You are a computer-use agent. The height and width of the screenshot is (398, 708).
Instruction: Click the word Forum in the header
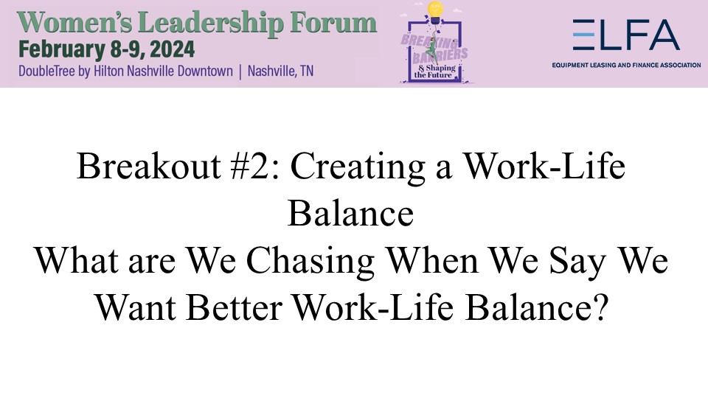333,23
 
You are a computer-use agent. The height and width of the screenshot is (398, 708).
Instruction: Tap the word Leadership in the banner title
210,24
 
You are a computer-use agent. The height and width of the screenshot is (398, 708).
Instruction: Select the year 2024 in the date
172,49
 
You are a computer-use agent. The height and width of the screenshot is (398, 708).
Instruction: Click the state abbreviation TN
307,71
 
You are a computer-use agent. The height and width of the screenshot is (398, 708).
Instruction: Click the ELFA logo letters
626,35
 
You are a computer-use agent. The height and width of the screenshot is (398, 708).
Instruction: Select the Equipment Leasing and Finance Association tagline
626,65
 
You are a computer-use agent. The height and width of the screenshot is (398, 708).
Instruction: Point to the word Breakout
148,166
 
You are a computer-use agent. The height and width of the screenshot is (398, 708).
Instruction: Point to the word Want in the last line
136,307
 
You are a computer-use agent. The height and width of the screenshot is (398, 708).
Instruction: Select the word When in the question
433,261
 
